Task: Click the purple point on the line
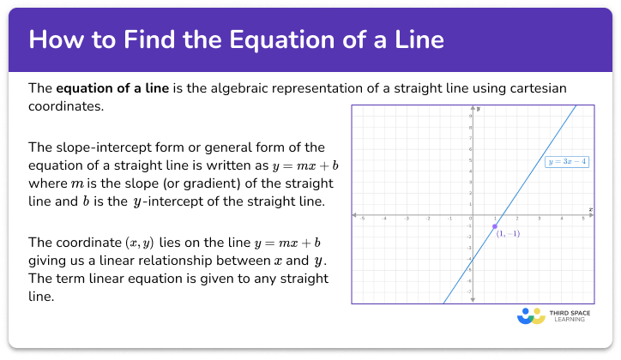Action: pyautogui.click(x=495, y=226)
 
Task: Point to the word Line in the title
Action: pyautogui.click(x=421, y=40)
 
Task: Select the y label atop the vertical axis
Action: pyautogui.click(x=479, y=108)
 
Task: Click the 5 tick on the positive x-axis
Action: pyautogui.click(x=584, y=219)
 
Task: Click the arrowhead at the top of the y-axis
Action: pyautogui.click(x=473, y=107)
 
